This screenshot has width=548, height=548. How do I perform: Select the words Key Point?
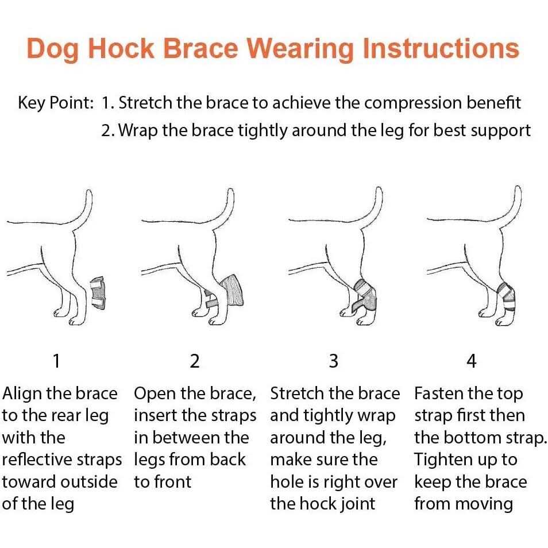pyautogui.click(x=56, y=103)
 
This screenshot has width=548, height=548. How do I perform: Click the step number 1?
pyautogui.click(x=56, y=361)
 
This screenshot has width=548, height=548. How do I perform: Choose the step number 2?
pyautogui.click(x=195, y=361)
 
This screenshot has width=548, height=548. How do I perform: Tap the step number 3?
pyautogui.click(x=333, y=361)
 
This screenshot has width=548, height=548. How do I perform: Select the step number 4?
pyautogui.click(x=472, y=361)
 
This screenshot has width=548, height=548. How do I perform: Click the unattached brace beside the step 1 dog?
pyautogui.click(x=98, y=293)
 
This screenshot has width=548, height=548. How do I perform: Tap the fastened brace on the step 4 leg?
pyautogui.click(x=506, y=296)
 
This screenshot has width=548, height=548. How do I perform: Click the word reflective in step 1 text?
pyautogui.click(x=37, y=460)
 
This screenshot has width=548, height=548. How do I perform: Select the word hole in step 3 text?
pyautogui.click(x=286, y=482)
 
